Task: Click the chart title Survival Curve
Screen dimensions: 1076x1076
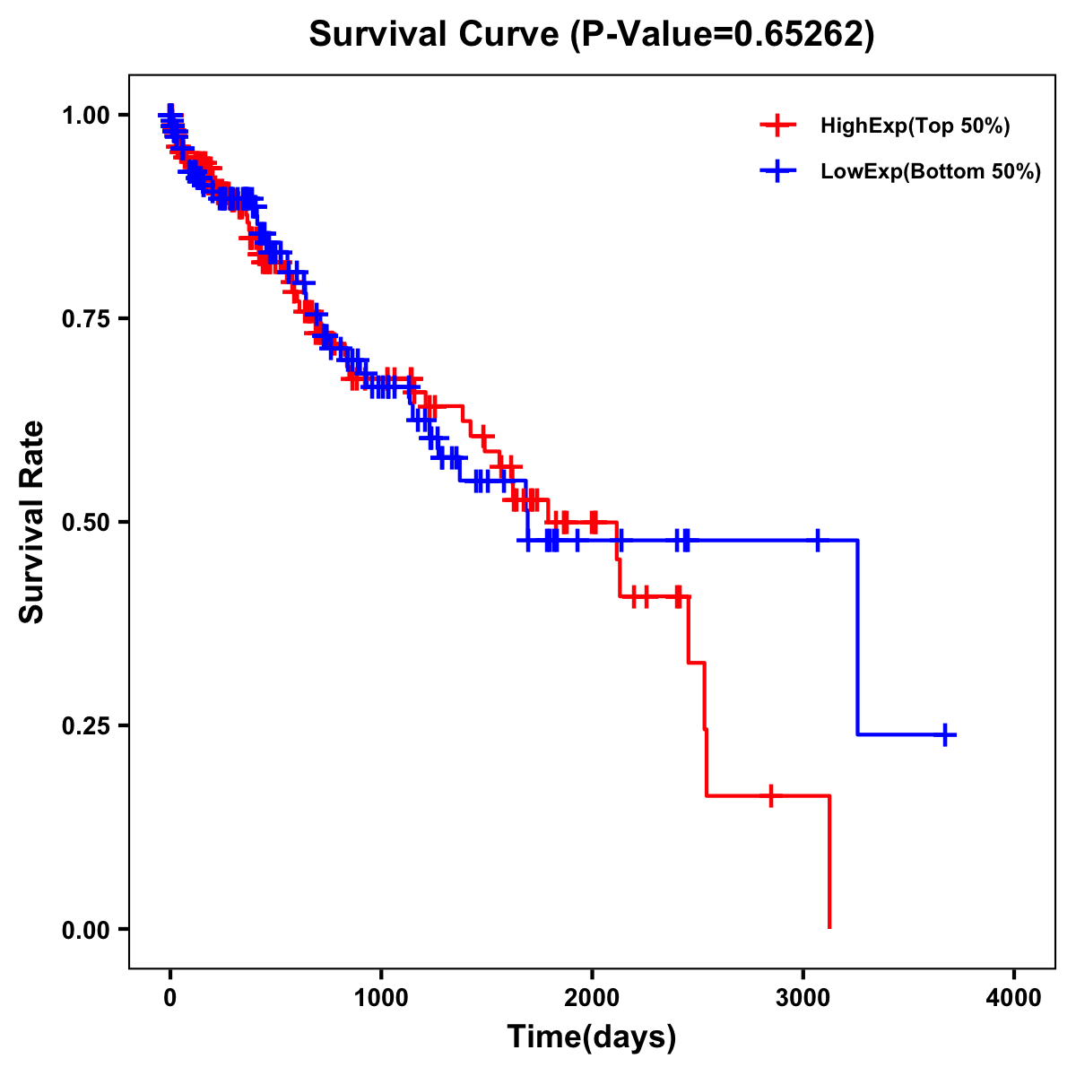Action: pos(591,35)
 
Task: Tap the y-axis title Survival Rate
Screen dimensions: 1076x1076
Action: pos(32,522)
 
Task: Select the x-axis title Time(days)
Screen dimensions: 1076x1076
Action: pos(591,1037)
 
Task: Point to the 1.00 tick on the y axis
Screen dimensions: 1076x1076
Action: pos(85,115)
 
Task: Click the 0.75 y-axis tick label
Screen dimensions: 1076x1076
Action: pos(85,318)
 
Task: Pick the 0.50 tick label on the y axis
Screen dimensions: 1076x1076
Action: pos(85,522)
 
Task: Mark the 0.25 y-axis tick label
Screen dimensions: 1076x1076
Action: pos(85,725)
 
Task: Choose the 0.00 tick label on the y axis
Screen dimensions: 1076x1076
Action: pos(85,929)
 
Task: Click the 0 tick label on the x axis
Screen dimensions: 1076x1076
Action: pos(170,997)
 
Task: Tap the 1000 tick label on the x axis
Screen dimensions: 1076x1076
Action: pos(381,997)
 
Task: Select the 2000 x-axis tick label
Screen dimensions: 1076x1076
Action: pos(592,997)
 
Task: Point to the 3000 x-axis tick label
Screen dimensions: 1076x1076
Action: pos(803,997)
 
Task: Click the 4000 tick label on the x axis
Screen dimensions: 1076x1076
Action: pos(1014,997)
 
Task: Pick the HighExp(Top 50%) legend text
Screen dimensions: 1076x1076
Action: pos(915,126)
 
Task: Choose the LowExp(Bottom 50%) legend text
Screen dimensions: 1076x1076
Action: pos(931,171)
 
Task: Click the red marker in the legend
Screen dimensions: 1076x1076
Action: pos(777,126)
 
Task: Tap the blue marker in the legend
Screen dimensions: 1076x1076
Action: pos(777,171)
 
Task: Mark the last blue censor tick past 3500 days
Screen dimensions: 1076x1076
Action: pos(945,734)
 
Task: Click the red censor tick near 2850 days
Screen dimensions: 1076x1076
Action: pos(770,795)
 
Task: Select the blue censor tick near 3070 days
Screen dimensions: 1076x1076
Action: pos(817,541)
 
